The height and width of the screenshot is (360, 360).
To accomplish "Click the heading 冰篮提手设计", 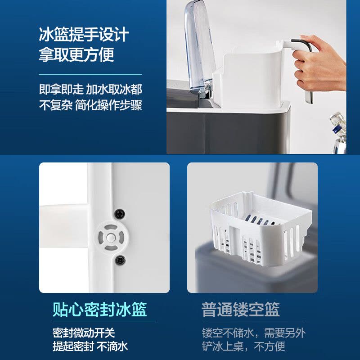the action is pyautogui.click(x=84, y=35).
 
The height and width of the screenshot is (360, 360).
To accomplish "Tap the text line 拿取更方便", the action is pyautogui.click(x=76, y=54).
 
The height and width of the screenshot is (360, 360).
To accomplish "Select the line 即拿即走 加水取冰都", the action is pyautogui.click(x=90, y=89).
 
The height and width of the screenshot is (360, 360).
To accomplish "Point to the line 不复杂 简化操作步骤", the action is pyautogui.click(x=90, y=105).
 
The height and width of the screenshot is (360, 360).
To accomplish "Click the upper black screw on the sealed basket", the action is pyautogui.click(x=120, y=214).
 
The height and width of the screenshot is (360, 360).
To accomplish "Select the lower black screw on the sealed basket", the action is pyautogui.click(x=120, y=260).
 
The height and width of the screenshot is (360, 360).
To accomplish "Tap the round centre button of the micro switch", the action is pyautogui.click(x=111, y=238).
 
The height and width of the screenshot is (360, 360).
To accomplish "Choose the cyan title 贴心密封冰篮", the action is pyautogui.click(x=99, y=310).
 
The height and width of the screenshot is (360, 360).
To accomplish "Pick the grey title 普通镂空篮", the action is pyautogui.click(x=240, y=310).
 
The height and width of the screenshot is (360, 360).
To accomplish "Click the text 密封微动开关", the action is pyautogui.click(x=84, y=333).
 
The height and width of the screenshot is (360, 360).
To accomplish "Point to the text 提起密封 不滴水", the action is pyautogui.click(x=90, y=346).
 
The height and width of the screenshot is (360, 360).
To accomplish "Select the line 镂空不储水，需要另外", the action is pyautogui.click(x=254, y=333).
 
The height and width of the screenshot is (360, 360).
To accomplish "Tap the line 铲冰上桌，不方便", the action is pyautogui.click(x=243, y=346).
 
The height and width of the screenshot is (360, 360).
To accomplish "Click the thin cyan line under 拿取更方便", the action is pyautogui.click(x=90, y=75).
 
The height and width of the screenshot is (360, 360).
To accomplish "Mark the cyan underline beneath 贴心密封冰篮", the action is pyautogui.click(x=104, y=321).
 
